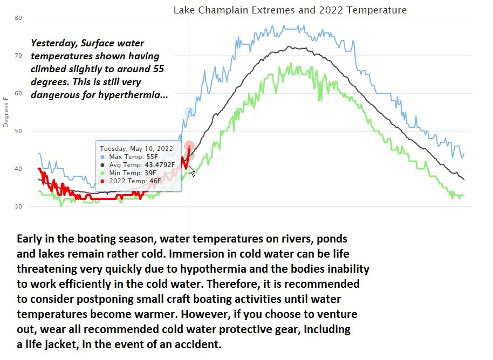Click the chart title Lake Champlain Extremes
(290, 10)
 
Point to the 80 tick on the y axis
(18, 18)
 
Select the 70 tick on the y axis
(18, 56)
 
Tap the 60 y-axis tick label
(18, 93)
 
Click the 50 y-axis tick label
(18, 131)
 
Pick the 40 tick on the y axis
(18, 169)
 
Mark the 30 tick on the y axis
(18, 206)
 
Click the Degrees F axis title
(6, 112)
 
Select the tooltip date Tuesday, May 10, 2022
(136, 148)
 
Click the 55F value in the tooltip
(153, 156)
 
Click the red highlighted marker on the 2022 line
(189, 146)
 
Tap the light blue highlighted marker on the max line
(189, 112)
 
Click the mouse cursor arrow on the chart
(191, 171)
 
